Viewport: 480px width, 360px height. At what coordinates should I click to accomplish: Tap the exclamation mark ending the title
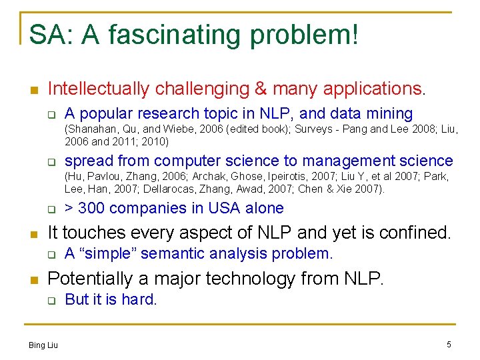click(x=353, y=35)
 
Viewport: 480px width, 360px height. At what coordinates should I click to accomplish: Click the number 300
click(x=91, y=208)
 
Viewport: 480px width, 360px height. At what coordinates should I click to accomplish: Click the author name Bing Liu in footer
click(x=43, y=345)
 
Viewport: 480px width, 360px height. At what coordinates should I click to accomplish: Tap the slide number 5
click(x=449, y=345)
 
